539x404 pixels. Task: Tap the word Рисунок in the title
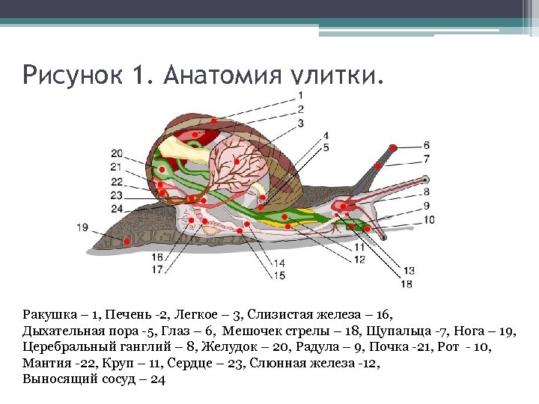[x=67, y=75]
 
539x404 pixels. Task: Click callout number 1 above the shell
[x=300, y=95]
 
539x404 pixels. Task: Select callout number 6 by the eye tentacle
[x=426, y=144]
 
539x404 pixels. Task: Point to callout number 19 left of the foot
[x=82, y=227]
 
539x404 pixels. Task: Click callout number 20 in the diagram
[x=117, y=153]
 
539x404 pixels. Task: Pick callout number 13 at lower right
[x=408, y=270]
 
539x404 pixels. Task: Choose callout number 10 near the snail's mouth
[x=428, y=219]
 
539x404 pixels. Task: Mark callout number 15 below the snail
[x=279, y=275]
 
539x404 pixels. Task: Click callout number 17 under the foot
[x=157, y=270]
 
